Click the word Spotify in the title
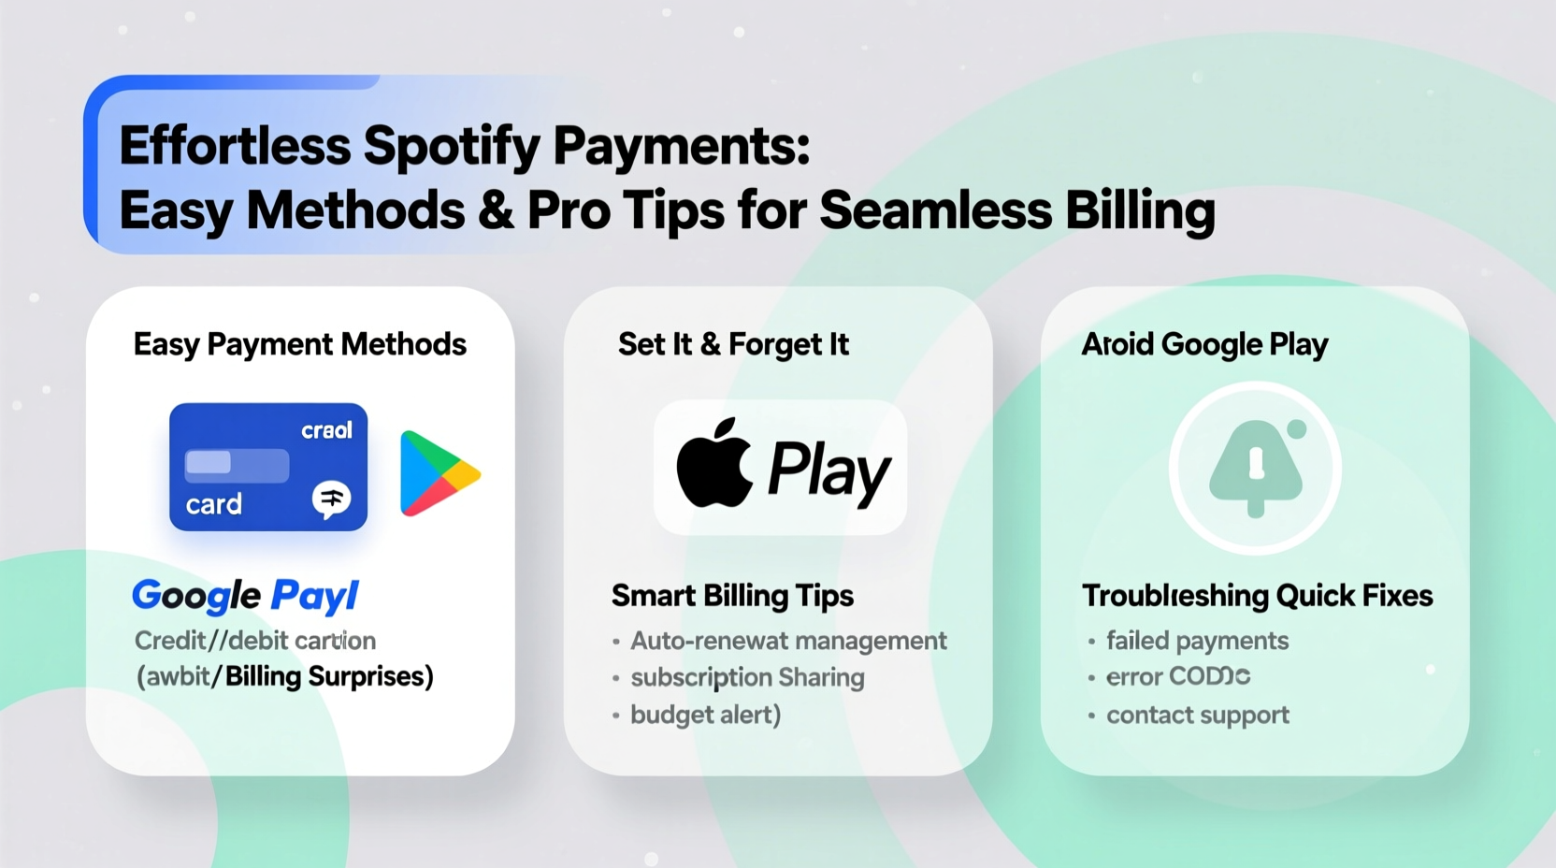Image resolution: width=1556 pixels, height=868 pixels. pyautogui.click(x=452, y=147)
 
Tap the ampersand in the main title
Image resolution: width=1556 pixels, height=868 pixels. pyautogui.click(x=496, y=210)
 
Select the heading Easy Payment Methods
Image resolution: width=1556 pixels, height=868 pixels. pyautogui.click(x=299, y=344)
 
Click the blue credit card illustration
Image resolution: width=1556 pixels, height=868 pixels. pyautogui.click(x=268, y=467)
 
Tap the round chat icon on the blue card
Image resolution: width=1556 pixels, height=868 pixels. pyautogui.click(x=331, y=499)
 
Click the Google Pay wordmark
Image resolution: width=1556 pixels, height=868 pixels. pyautogui.click(x=245, y=596)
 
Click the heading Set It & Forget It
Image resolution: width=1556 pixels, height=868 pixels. pyautogui.click(x=733, y=344)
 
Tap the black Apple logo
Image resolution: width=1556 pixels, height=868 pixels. pyautogui.click(x=714, y=464)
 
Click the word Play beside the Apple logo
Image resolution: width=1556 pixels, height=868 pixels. pyautogui.click(x=828, y=470)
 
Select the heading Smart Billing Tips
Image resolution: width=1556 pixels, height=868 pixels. pyautogui.click(x=732, y=596)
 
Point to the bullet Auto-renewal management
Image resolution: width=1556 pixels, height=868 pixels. pyautogui.click(x=788, y=641)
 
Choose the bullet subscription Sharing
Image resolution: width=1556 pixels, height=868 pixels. pyautogui.click(x=747, y=677)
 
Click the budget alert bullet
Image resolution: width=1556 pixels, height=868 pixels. pyautogui.click(x=705, y=715)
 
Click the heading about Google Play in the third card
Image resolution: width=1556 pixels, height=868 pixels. pyautogui.click(x=1204, y=344)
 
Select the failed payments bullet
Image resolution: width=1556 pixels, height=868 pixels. pyautogui.click(x=1197, y=641)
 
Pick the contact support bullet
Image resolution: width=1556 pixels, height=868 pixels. pyautogui.click(x=1197, y=716)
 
